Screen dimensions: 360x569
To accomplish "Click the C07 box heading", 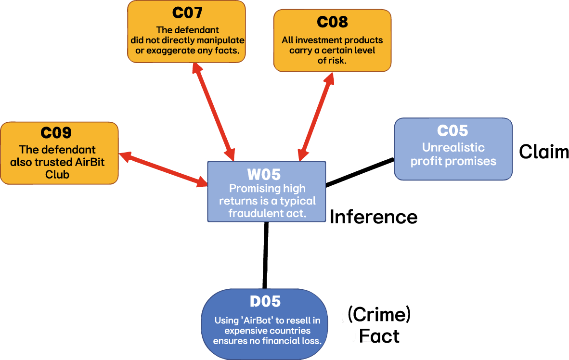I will pyautogui.click(x=187, y=13).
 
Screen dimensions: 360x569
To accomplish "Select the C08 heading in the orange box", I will pyautogui.click(x=332, y=22).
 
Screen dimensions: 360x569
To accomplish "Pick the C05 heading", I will pyautogui.click(x=453, y=130).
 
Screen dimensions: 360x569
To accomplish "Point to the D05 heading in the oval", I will pyautogui.click(x=265, y=301).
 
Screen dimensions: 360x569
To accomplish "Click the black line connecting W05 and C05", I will pyautogui.click(x=360, y=172).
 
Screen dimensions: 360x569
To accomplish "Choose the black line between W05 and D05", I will pyautogui.click(x=265, y=255).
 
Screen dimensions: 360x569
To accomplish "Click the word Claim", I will pyautogui.click(x=543, y=152).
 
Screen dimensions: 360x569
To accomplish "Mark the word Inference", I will pyautogui.click(x=373, y=217).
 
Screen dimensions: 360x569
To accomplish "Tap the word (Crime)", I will pyautogui.click(x=378, y=315).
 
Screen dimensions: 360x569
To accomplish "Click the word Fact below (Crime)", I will pyautogui.click(x=379, y=335).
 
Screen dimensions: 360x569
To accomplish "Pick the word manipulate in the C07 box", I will pyautogui.click(x=222, y=40).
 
